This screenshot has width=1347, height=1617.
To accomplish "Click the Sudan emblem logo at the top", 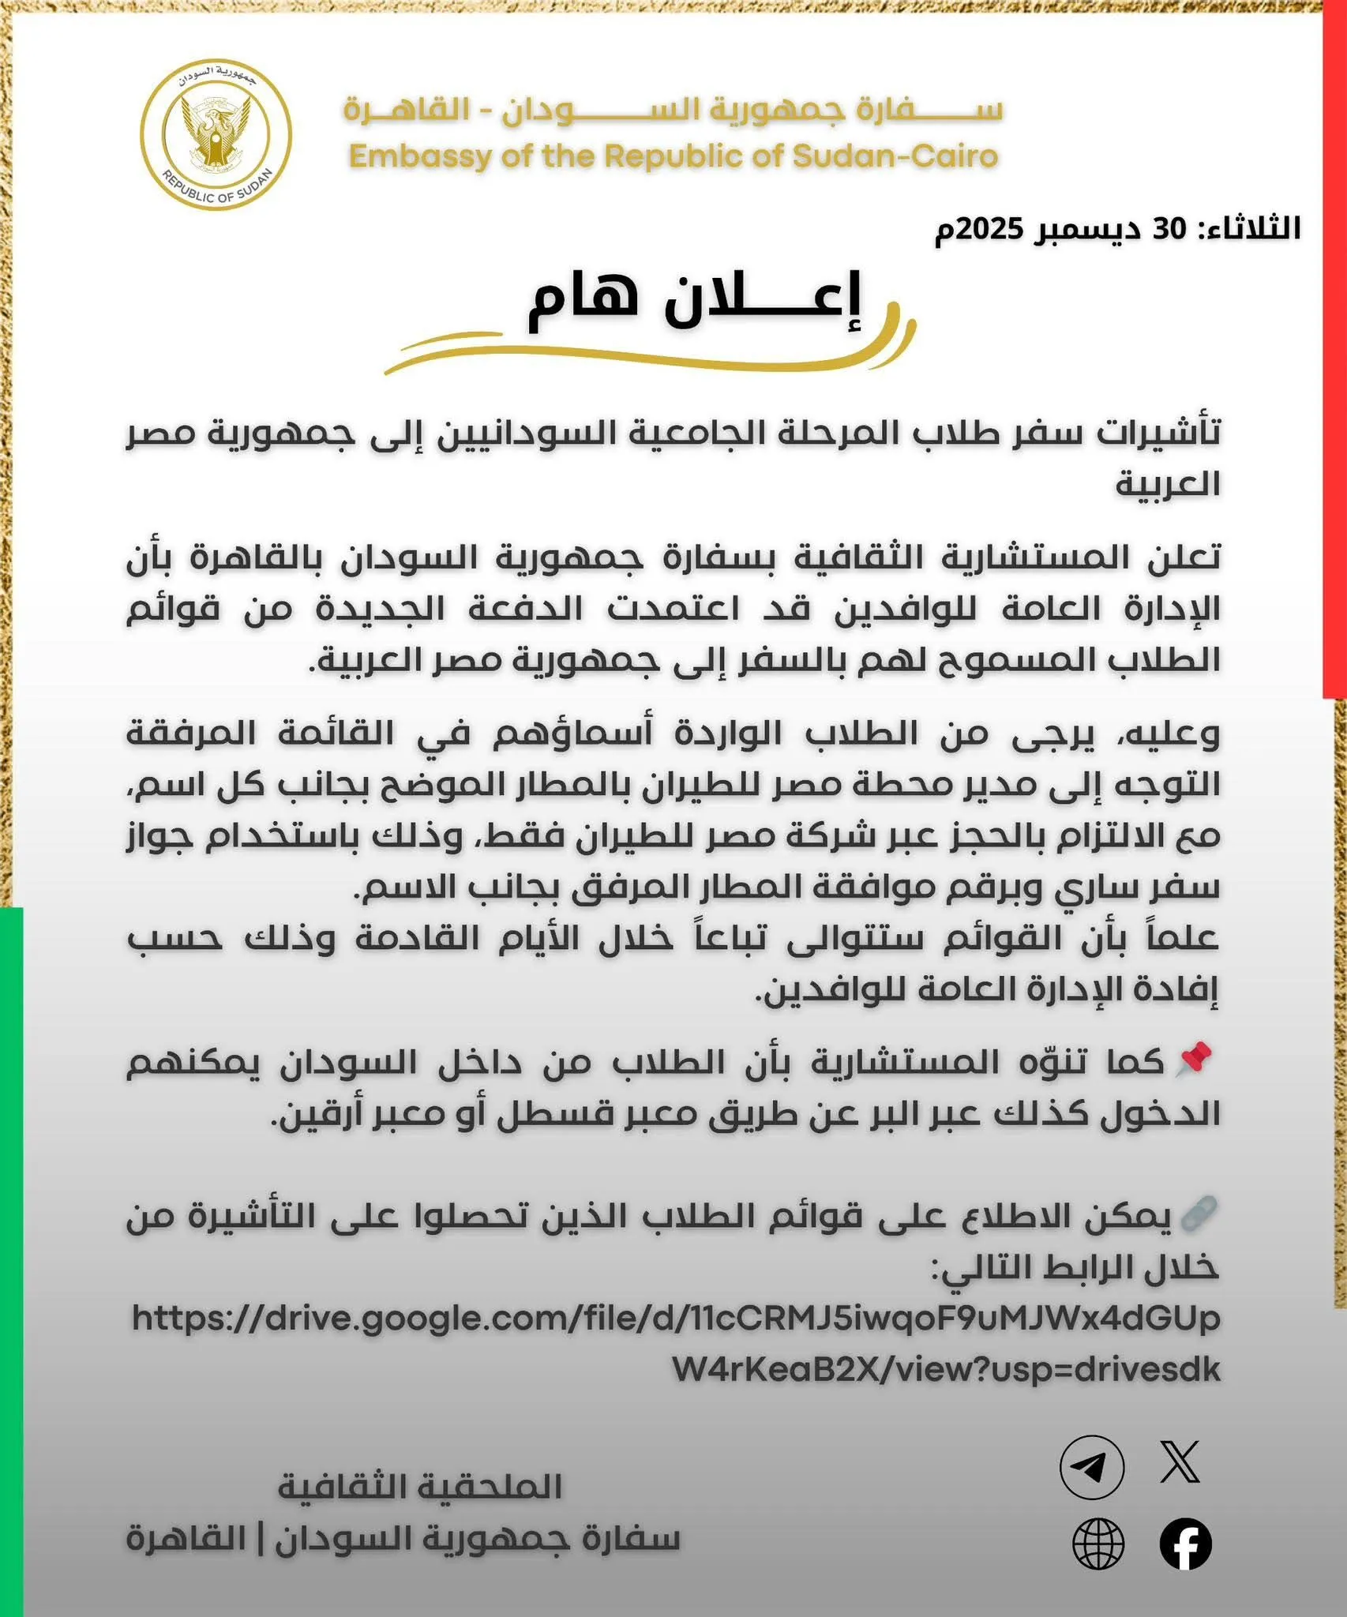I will pyautogui.click(x=216, y=134).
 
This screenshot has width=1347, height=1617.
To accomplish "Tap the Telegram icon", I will pyautogui.click(x=1091, y=1467).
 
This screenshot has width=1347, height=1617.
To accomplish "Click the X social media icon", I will pyautogui.click(x=1180, y=1461).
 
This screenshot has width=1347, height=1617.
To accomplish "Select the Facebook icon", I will pyautogui.click(x=1185, y=1544).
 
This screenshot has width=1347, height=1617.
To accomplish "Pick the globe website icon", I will pyautogui.click(x=1098, y=1544).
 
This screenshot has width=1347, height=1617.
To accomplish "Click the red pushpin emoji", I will pyautogui.click(x=1195, y=1060).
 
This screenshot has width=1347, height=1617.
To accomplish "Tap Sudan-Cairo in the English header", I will pyautogui.click(x=895, y=156).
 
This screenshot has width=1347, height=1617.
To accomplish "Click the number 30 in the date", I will pyautogui.click(x=1169, y=229).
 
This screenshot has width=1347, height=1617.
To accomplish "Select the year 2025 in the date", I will pyautogui.click(x=990, y=229).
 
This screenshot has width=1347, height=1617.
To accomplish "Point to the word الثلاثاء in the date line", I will pyautogui.click(x=1252, y=229).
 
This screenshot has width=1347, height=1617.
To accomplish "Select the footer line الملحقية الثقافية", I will pyautogui.click(x=420, y=1488).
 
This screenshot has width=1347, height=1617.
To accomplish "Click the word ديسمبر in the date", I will pyautogui.click(x=1087, y=229).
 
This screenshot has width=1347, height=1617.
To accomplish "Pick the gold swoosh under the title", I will pyautogui.click(x=647, y=355).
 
